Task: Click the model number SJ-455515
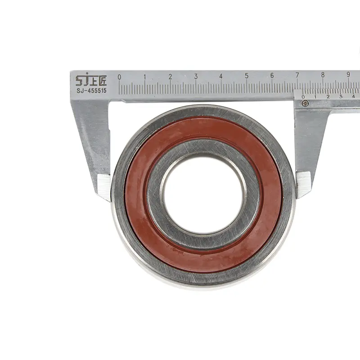[x=92, y=91]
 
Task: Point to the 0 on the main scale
[x=119, y=77]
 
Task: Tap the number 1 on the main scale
[x=145, y=77]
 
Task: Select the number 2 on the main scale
[x=171, y=76]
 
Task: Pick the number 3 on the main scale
[x=196, y=76]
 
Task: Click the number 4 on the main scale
[x=221, y=76]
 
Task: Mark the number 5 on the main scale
[x=247, y=76]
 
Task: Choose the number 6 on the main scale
[x=272, y=76]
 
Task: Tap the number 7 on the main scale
[x=297, y=75]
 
